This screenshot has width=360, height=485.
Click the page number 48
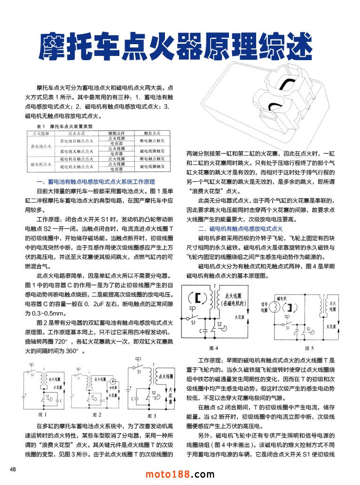tap(13, 469)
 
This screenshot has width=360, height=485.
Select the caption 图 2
tap(97, 415)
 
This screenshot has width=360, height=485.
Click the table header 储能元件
tap(117, 133)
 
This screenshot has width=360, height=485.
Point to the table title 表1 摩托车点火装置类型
tap(64, 127)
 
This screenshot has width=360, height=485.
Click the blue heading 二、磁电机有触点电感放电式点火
tap(240, 229)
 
